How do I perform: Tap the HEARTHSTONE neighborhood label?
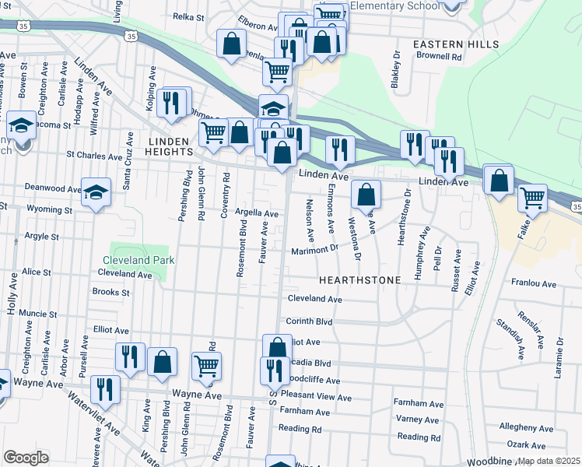(x=360, y=279)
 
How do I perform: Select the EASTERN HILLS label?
(x=455, y=44)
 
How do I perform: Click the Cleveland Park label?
(x=138, y=260)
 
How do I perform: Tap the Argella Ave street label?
(x=256, y=213)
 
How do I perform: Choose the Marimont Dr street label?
(x=315, y=250)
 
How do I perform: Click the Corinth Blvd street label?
(x=310, y=321)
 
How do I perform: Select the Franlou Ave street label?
(x=533, y=285)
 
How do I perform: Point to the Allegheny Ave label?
(x=526, y=427)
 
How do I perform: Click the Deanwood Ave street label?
(x=52, y=188)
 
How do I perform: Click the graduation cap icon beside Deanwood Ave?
(x=96, y=192)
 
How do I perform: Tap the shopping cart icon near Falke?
(x=532, y=198)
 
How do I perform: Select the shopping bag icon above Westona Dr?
(x=365, y=195)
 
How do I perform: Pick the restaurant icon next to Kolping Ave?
(x=170, y=103)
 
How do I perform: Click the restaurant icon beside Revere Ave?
(x=104, y=389)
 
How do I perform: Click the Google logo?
(x=26, y=458)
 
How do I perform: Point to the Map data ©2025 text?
(x=549, y=461)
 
